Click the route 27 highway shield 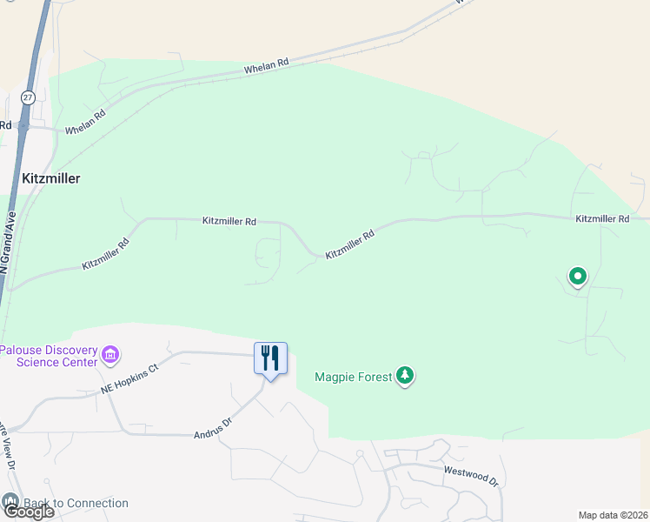point(29,98)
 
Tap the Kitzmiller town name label point(50,178)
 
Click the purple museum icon point(110,355)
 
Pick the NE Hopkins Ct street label point(131,379)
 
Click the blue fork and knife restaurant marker point(270,358)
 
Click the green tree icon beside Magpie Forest point(405,376)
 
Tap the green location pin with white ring point(578,277)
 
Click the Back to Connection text point(76,503)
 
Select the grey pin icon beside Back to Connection point(10,501)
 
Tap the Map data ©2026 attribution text point(613,515)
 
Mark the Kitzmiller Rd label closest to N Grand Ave point(106,253)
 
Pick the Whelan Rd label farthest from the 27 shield point(266,66)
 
